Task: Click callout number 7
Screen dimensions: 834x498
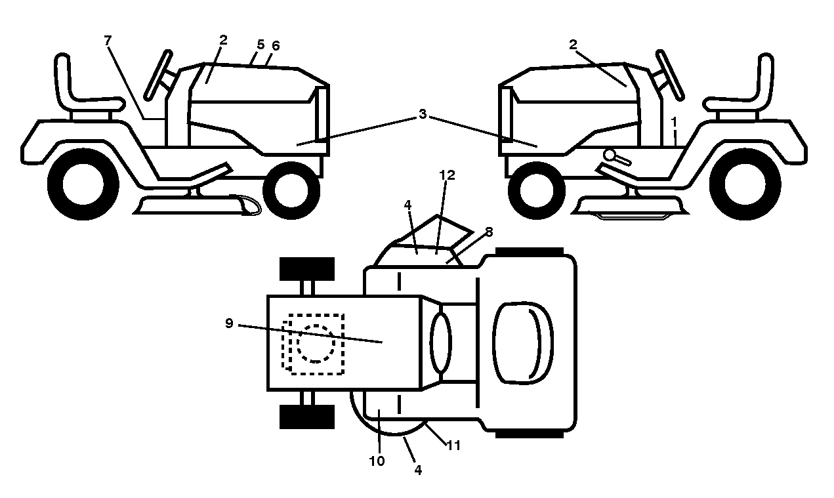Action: point(108,40)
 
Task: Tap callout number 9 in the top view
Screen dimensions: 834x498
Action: point(229,323)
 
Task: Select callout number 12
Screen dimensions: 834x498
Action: point(447,175)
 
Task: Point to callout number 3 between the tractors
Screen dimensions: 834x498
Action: point(422,114)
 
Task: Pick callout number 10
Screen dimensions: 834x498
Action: point(377,461)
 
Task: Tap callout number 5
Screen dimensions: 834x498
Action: point(261,45)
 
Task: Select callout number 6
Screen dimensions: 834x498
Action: point(276,46)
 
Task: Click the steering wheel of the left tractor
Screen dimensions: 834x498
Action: point(158,75)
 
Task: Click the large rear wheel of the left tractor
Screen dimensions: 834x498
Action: point(83,184)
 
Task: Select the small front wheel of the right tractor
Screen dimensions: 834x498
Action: point(537,190)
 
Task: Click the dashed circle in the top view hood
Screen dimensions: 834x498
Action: point(316,344)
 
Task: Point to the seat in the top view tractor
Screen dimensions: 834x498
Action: point(523,342)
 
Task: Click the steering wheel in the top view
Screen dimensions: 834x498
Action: point(441,342)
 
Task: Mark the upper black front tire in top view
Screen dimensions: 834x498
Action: point(307,269)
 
